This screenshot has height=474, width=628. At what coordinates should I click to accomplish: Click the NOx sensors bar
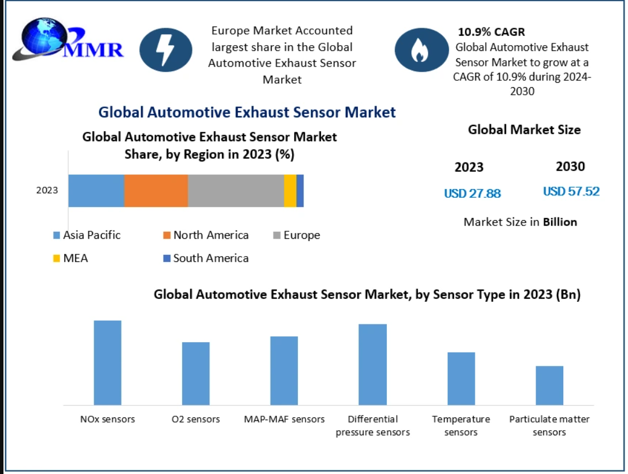pyautogui.click(x=108, y=362)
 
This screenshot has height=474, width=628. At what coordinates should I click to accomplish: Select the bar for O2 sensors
pyautogui.click(x=196, y=373)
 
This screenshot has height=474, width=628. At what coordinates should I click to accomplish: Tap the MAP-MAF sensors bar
pyautogui.click(x=284, y=371)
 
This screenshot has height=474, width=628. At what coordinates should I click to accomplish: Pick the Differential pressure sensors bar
pyautogui.click(x=372, y=364)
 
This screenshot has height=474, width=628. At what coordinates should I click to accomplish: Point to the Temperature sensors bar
pyautogui.click(x=461, y=379)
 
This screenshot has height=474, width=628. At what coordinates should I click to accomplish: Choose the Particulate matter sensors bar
pyautogui.click(x=549, y=386)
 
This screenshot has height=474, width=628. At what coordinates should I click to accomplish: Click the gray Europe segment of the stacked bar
pyautogui.click(x=236, y=191)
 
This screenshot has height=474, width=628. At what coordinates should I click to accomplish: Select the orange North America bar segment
pyautogui.click(x=156, y=191)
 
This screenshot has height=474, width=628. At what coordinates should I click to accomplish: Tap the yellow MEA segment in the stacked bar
pyautogui.click(x=290, y=191)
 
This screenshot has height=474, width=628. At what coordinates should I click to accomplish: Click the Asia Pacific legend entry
pyautogui.click(x=87, y=235)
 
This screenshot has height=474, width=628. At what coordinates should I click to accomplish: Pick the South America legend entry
pyautogui.click(x=206, y=258)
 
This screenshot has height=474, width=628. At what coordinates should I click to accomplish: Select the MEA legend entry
pyautogui.click(x=71, y=258)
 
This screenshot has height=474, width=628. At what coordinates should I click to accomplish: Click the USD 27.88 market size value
pyautogui.click(x=472, y=194)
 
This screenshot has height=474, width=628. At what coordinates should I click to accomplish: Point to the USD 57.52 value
pyautogui.click(x=571, y=191)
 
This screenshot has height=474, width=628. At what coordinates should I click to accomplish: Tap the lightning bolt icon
pyautogui.click(x=165, y=50)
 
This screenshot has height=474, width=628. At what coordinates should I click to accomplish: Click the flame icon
pyautogui.click(x=422, y=50)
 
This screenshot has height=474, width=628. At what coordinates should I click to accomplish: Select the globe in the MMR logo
pyautogui.click(x=44, y=37)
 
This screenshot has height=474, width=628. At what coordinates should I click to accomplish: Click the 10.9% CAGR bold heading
pyautogui.click(x=491, y=32)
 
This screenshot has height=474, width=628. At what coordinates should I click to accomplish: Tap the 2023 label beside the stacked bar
pyautogui.click(x=47, y=190)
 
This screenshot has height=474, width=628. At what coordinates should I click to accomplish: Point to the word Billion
pyautogui.click(x=560, y=222)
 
